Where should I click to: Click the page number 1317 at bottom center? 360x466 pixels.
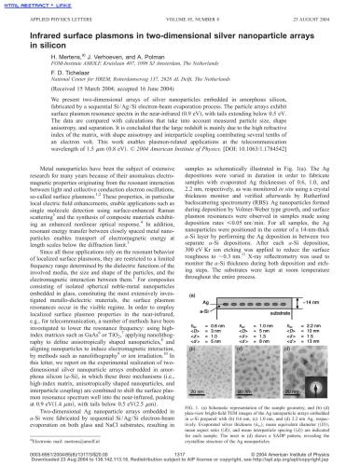[180, 453]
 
